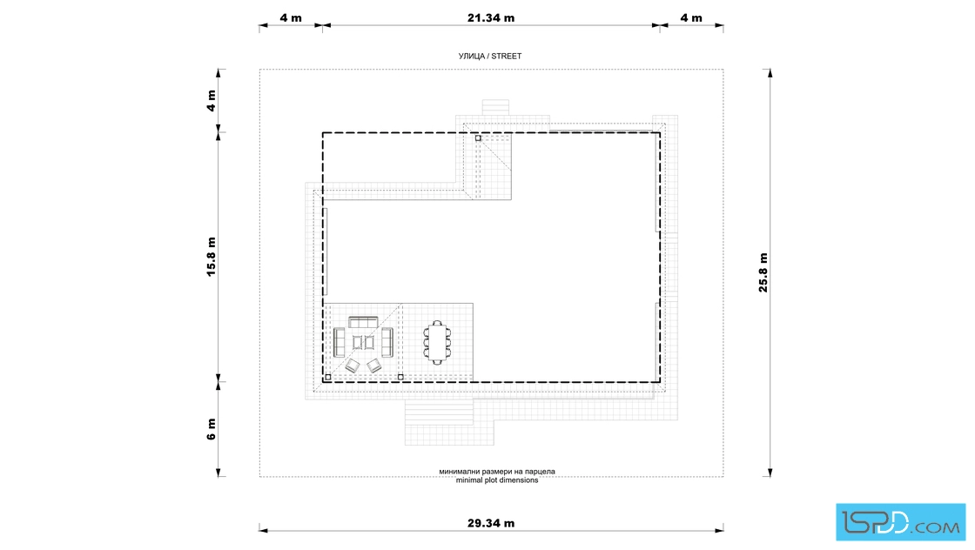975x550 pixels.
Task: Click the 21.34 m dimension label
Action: tap(491, 18)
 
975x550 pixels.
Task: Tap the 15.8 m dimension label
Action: tap(212, 257)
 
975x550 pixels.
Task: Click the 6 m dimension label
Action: tap(212, 429)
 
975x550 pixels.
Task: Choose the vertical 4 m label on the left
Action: tap(212, 101)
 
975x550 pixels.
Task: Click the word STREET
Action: tap(506, 56)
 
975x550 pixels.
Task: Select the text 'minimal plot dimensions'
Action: tap(497, 480)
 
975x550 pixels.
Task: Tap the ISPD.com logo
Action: tap(900, 522)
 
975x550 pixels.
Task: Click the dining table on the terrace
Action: tap(437, 342)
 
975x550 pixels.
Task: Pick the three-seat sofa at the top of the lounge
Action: tap(363, 322)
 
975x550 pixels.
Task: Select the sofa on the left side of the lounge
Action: tap(339, 342)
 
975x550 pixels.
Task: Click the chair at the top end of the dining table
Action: tap(437, 323)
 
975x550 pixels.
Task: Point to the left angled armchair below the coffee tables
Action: tap(353, 366)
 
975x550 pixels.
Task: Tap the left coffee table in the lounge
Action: tap(358, 342)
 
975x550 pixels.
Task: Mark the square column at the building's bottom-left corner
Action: tap(328, 377)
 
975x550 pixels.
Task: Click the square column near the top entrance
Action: tap(478, 138)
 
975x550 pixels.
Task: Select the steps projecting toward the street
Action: tap(495, 108)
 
